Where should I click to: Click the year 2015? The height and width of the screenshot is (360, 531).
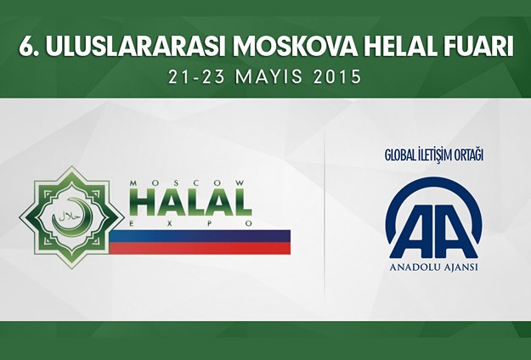coord(338,76)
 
